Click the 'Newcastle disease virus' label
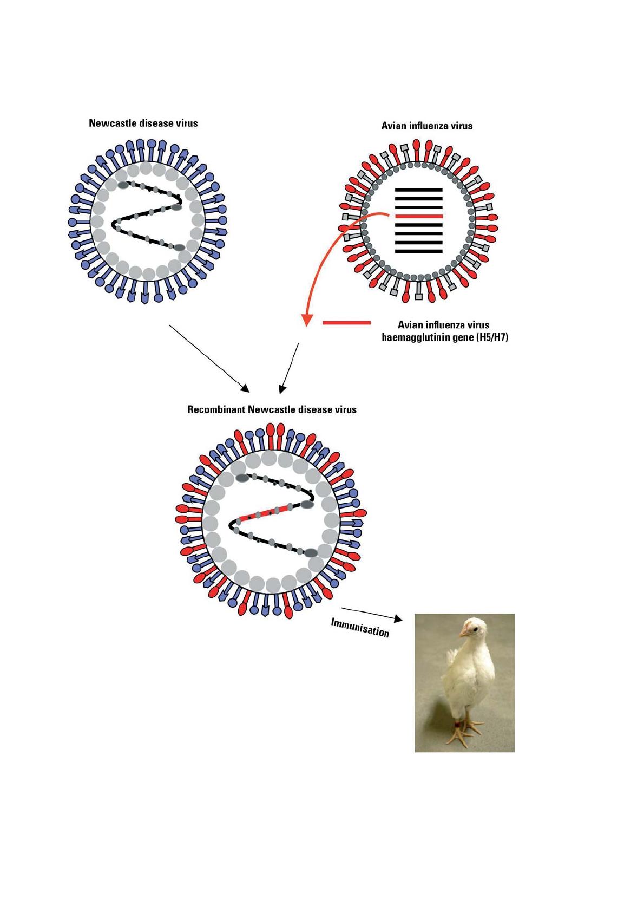click(x=143, y=123)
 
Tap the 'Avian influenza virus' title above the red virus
click(x=426, y=126)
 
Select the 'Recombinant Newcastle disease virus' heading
click(x=272, y=409)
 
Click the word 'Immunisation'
click(x=360, y=628)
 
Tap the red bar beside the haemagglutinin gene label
click(x=346, y=323)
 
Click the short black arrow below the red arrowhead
click(x=289, y=368)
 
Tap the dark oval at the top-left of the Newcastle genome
click(x=123, y=185)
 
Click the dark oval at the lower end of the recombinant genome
click(x=311, y=553)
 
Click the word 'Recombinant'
click(x=216, y=409)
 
